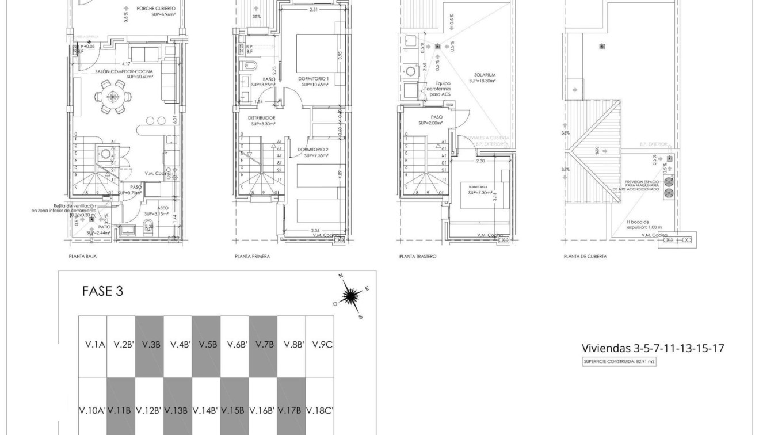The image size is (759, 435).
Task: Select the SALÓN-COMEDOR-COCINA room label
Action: [x=121, y=72]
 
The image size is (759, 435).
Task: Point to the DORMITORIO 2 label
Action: [x=313, y=152]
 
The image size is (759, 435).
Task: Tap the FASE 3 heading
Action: [x=102, y=291]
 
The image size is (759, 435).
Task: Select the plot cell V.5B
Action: [x=207, y=345]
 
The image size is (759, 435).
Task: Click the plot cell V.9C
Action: [x=322, y=345]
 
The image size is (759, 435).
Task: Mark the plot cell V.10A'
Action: [x=91, y=410]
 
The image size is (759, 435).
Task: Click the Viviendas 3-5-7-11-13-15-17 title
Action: [x=653, y=348]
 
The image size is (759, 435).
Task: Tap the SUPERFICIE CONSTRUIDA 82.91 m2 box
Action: [x=619, y=362]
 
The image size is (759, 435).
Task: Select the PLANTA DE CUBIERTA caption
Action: [x=585, y=257]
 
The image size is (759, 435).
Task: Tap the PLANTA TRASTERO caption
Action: [x=417, y=257]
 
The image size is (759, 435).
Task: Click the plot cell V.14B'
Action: [x=205, y=410]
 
